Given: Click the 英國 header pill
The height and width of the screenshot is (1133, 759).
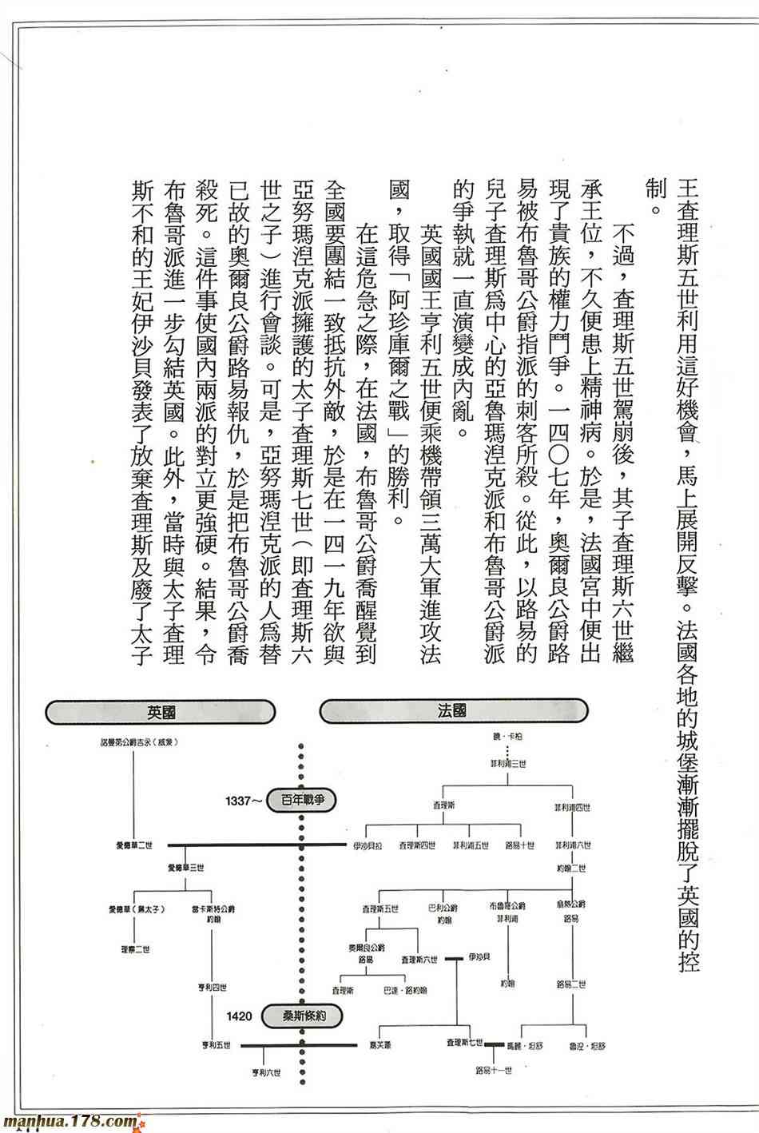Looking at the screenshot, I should [161, 710].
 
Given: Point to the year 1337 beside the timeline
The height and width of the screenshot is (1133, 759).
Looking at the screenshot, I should [243, 800].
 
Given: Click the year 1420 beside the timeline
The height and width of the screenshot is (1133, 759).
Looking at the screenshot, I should [240, 1016].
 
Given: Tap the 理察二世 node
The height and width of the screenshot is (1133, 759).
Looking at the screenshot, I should [133, 948].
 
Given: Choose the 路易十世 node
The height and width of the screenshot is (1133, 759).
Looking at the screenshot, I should [519, 845].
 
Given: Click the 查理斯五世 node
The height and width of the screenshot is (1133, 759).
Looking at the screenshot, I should [379, 908].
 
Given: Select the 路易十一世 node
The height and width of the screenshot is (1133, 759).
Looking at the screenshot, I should [494, 1070].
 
